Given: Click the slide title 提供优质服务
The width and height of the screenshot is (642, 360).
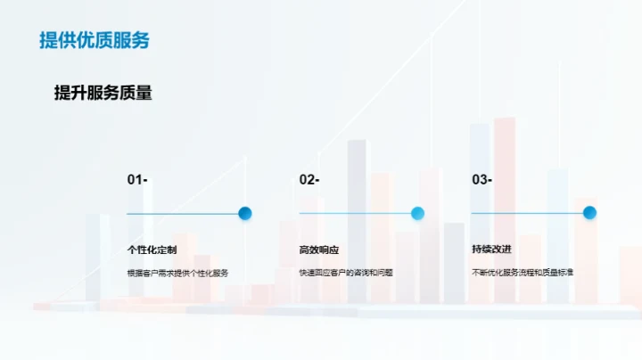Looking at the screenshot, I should [94, 40].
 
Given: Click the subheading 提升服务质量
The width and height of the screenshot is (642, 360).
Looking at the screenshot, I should [103, 94].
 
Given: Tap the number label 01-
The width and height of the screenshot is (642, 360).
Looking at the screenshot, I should [137, 180].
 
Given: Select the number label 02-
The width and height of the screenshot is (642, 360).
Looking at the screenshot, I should [309, 180].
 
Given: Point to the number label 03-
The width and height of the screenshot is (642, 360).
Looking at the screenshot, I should [481, 180].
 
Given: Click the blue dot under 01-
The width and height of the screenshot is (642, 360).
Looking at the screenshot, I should [245, 213].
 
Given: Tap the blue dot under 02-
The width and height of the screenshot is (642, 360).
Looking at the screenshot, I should [417, 213].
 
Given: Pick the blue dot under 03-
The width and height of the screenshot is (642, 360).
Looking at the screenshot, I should [589, 213].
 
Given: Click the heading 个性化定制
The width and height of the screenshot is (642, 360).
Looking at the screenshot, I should [152, 250].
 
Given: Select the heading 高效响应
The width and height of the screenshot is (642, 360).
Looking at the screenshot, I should [318, 250].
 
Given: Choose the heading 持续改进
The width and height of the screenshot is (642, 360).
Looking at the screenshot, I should [491, 250].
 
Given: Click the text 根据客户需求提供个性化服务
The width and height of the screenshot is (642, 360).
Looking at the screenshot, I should [177, 273].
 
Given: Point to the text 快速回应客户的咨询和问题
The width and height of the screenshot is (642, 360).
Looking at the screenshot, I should [346, 273].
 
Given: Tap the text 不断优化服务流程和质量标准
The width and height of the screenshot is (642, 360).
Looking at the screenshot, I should [522, 273].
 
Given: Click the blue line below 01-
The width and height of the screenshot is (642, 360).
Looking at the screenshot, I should [182, 214].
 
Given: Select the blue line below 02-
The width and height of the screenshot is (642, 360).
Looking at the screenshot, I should [354, 214].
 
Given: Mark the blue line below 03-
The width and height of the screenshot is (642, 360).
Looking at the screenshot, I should [526, 214].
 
